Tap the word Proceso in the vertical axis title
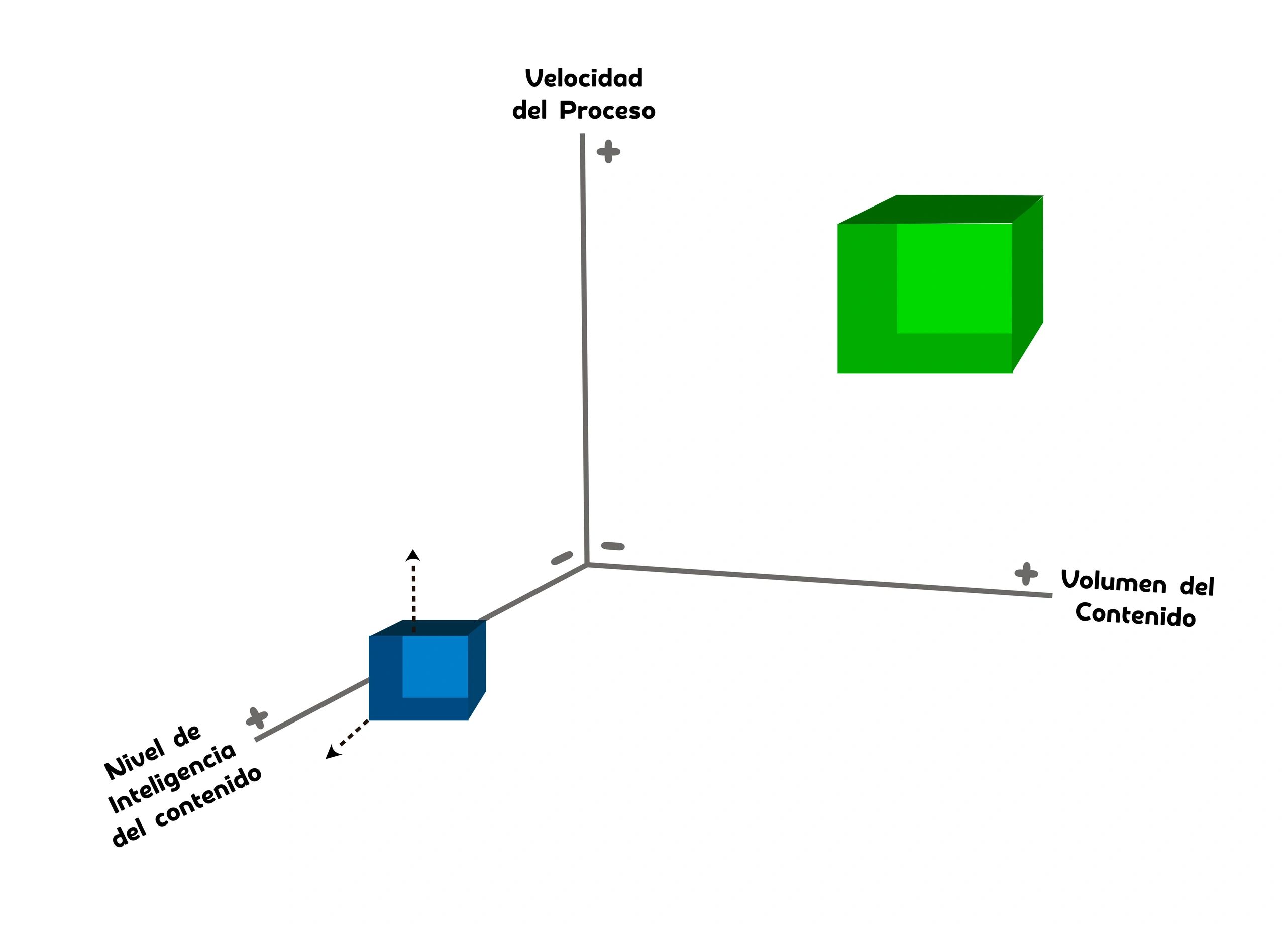607,111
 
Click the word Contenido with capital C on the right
1135,615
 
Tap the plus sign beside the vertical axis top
608,151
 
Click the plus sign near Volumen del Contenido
1026,574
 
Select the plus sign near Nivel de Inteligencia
257,718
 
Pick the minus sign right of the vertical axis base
612,546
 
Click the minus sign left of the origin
562,558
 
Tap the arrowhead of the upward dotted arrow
413,555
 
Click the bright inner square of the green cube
954,278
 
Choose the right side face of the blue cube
477,669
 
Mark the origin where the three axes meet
587,564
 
